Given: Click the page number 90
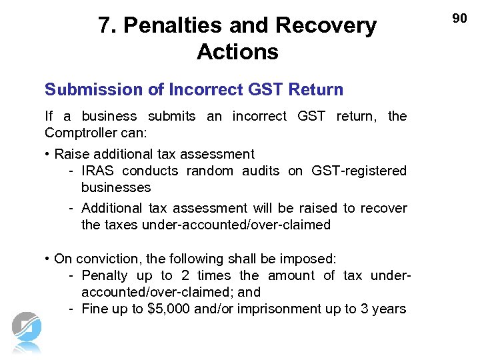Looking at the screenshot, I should click(x=460, y=19).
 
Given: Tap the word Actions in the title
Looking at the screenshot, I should click(x=237, y=52).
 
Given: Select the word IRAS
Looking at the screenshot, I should click(x=97, y=171).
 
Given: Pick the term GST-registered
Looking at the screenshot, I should click(x=359, y=171).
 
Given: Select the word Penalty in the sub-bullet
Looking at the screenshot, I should click(x=105, y=275).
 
